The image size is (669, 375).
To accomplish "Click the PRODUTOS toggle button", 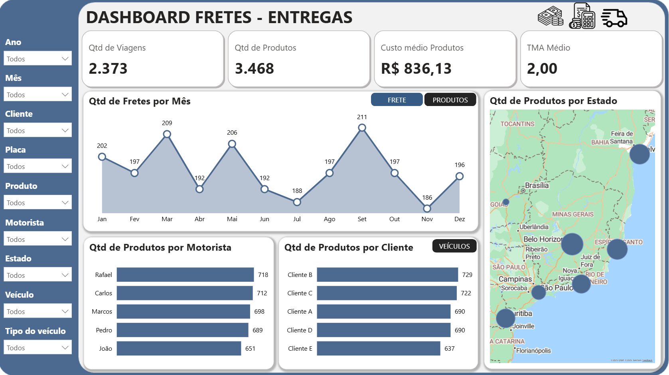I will [x=450, y=100].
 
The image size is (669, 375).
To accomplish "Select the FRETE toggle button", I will [x=397, y=100].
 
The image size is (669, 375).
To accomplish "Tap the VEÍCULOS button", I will [x=454, y=246].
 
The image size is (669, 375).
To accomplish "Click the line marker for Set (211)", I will [x=362, y=128].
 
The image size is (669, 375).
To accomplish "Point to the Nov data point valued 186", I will [x=427, y=208].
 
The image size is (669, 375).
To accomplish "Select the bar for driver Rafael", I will [x=185, y=275].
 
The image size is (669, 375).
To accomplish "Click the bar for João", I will [x=179, y=348].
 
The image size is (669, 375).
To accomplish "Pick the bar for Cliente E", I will [x=378, y=348].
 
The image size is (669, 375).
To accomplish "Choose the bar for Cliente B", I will [x=387, y=275].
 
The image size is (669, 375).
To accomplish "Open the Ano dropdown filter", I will [x=38, y=59].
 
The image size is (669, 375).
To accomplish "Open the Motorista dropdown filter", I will [x=38, y=239].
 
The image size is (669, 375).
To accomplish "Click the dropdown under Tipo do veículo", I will [x=38, y=348].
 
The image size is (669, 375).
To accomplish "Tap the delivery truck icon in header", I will [x=614, y=18].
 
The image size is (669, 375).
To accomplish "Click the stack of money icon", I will [x=551, y=17].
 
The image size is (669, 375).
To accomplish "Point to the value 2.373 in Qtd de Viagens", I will [x=108, y=69].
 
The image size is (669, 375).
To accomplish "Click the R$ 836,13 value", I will [x=416, y=69].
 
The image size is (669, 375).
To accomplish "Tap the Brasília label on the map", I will [x=537, y=185].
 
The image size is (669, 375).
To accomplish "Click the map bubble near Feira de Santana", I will [x=639, y=154].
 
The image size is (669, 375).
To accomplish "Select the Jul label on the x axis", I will [x=297, y=219].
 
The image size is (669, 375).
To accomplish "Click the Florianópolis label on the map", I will [x=533, y=351].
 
